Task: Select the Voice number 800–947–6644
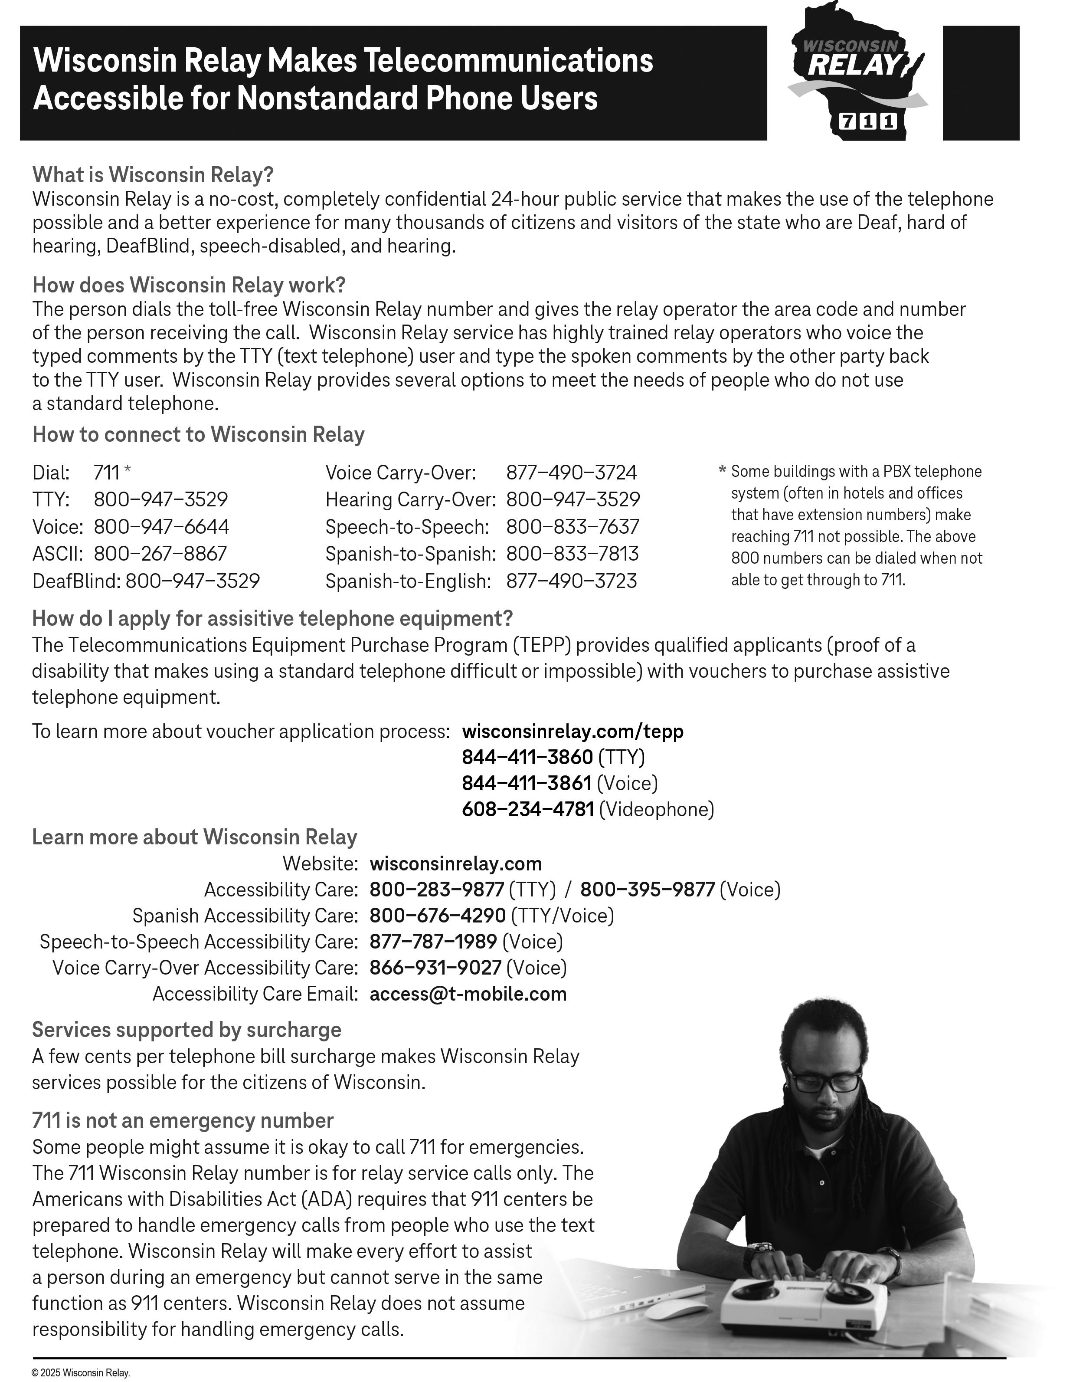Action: (x=161, y=526)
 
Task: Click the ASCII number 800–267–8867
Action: (x=160, y=554)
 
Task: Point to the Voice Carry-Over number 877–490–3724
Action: (x=571, y=473)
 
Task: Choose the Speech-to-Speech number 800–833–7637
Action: (x=572, y=526)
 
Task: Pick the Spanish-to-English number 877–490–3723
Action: (x=571, y=581)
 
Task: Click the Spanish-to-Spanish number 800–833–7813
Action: (x=572, y=554)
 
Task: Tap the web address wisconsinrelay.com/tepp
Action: (x=572, y=732)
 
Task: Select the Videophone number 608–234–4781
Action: (x=528, y=809)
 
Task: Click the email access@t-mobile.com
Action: (x=468, y=994)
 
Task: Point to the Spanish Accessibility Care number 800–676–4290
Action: (x=438, y=916)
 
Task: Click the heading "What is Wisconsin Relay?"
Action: (x=153, y=174)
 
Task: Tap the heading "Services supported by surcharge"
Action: (x=186, y=1030)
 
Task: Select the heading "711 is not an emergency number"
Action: (x=183, y=1121)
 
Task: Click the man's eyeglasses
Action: (x=824, y=1080)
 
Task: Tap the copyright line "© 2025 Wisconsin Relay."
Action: (x=81, y=1372)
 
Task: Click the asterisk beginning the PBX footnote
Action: (x=722, y=470)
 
